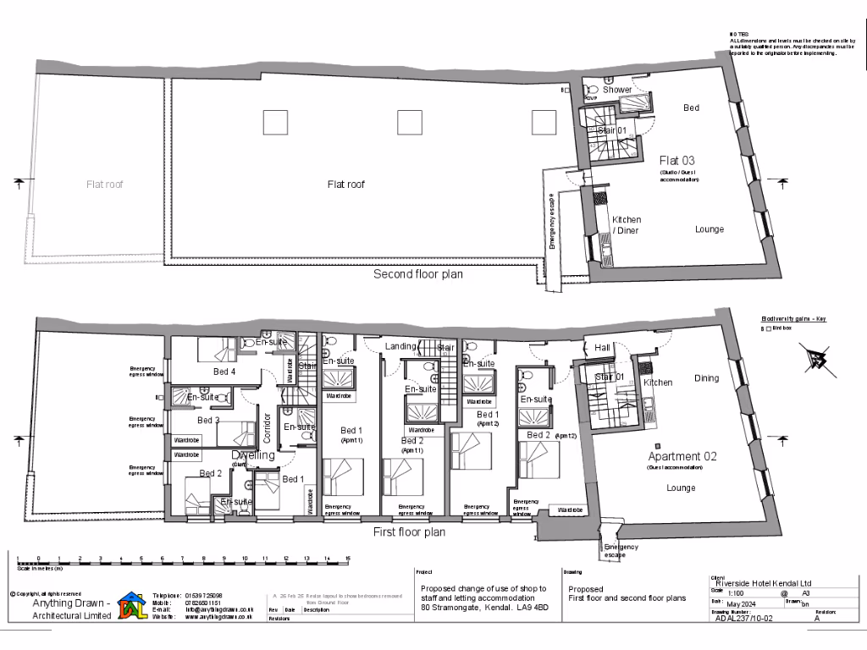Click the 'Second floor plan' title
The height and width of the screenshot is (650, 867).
coord(418,274)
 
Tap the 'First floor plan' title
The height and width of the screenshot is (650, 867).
coord(409,532)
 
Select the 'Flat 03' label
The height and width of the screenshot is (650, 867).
coord(678,160)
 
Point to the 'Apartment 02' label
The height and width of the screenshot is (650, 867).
coord(682,456)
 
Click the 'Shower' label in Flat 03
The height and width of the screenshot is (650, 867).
coord(617,89)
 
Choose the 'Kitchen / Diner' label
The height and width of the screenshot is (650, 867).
coord(627,225)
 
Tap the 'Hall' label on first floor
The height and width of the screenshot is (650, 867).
coord(602,347)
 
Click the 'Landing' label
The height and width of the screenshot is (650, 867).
coord(400,347)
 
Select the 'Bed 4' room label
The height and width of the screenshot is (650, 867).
coord(224,371)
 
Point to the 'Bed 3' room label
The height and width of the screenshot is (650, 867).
coord(208,420)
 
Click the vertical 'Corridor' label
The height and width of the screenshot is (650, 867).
coord(268,427)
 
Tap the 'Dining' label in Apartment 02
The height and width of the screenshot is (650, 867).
coord(706,378)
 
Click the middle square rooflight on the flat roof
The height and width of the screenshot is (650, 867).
coord(410,123)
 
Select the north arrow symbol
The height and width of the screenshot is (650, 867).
coord(818,360)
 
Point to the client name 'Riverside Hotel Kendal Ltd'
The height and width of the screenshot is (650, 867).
coord(764,583)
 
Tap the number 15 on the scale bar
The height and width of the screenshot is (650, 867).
coord(347,559)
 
